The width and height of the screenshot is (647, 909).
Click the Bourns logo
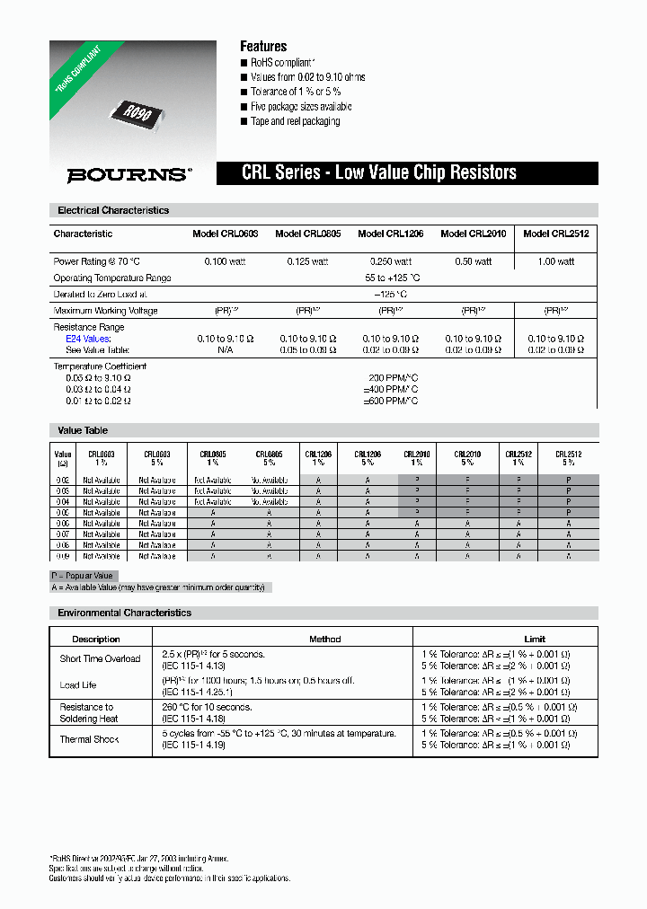[129, 175]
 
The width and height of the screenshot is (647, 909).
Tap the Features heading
[263, 46]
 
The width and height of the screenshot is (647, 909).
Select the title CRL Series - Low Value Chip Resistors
[378, 173]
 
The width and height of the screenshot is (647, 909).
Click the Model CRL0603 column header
[225, 234]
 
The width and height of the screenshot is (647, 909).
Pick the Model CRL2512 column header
[555, 234]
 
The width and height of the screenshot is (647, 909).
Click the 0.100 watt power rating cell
[225, 261]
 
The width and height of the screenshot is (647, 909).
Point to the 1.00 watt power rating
[555, 261]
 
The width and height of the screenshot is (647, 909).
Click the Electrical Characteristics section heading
[113, 210]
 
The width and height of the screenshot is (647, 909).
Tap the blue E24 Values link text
[88, 339]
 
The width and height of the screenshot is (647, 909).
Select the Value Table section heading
[83, 430]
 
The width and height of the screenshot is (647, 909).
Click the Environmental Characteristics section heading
[124, 613]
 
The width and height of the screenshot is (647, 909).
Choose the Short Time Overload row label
[100, 658]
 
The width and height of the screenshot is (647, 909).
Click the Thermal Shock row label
[89, 739]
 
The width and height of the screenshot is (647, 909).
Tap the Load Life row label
[78, 685]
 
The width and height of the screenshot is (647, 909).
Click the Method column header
[324, 639]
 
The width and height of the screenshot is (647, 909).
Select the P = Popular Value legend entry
[84, 576]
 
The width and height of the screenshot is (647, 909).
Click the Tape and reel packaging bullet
[295, 121]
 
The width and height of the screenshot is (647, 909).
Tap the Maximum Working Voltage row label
[105, 311]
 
